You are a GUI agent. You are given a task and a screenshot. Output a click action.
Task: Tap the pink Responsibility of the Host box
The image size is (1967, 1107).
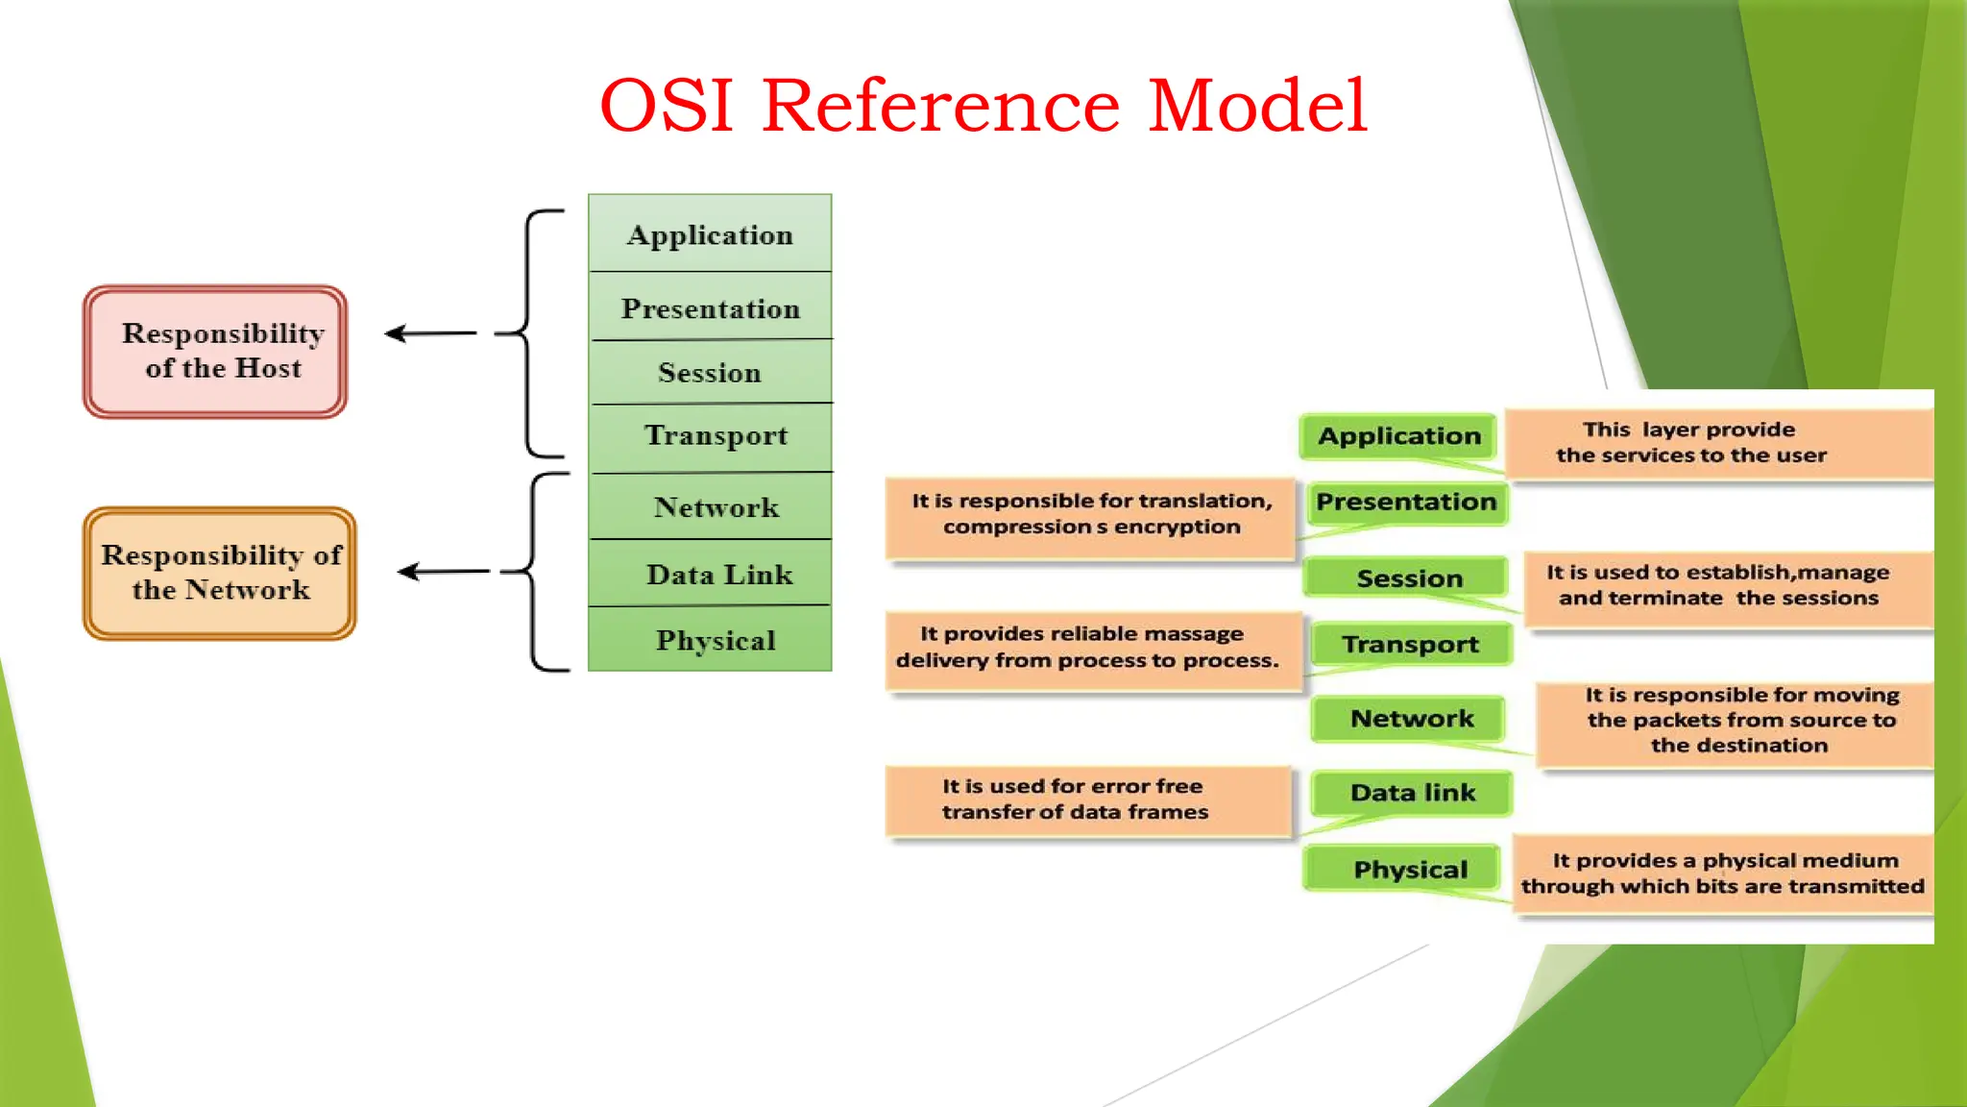point(215,352)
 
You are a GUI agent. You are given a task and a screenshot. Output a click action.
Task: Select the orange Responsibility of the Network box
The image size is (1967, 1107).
point(220,574)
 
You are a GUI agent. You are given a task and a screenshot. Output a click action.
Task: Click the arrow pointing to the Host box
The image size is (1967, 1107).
point(430,333)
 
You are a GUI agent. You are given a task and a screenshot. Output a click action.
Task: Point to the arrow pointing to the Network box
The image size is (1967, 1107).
point(444,572)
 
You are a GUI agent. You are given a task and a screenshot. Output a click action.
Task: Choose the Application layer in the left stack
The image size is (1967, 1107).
point(710,234)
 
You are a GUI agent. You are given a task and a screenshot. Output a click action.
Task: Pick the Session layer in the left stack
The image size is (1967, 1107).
point(710,372)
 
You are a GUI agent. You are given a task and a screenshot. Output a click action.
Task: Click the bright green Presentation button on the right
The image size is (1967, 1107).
point(1406,503)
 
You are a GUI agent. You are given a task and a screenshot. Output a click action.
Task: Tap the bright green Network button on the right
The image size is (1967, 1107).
point(1410,719)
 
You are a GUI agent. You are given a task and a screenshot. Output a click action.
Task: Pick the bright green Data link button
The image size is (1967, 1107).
point(1412,793)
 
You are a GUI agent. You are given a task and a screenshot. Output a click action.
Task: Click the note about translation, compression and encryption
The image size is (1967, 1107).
point(1090,516)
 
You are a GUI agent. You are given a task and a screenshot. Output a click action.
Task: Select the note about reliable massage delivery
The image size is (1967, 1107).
point(1090,649)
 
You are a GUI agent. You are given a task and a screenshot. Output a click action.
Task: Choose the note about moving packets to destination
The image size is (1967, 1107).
point(1734,722)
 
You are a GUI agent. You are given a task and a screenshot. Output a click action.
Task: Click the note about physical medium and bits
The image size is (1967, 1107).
point(1722,873)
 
